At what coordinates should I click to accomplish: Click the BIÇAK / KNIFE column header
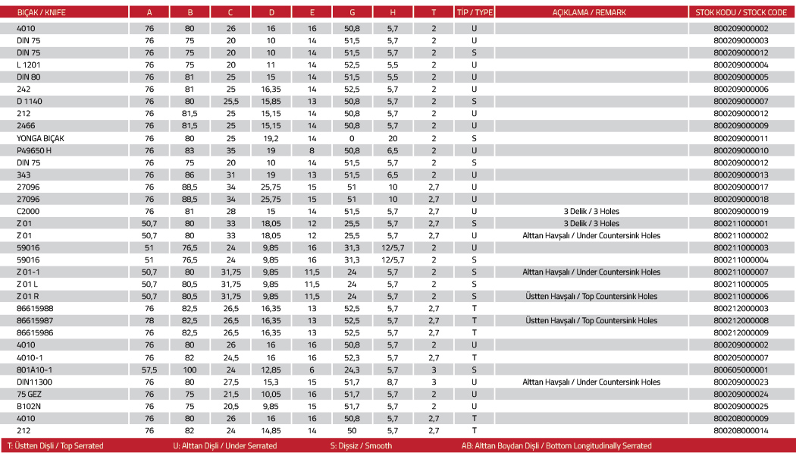[x=39, y=12]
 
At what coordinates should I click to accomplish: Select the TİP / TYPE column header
[x=474, y=12]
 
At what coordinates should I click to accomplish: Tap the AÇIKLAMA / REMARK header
[x=591, y=12]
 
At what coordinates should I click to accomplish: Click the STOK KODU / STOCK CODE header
[x=741, y=12]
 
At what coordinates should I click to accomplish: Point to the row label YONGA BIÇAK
[x=42, y=138]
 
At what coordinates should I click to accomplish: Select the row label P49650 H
[x=34, y=150]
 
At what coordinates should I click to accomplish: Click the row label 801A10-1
[x=35, y=370]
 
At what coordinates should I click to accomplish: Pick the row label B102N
[x=29, y=406]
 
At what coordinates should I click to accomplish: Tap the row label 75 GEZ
[x=29, y=394]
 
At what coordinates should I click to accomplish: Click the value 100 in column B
[x=190, y=370]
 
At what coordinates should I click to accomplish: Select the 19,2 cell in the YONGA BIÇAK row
[x=271, y=138]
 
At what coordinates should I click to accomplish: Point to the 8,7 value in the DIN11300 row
[x=392, y=382]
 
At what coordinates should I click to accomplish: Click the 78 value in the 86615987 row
[x=149, y=320]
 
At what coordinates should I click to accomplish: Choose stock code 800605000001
[x=741, y=370]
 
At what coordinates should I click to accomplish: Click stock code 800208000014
[x=741, y=430]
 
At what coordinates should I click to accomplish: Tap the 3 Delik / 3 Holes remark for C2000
[x=591, y=211]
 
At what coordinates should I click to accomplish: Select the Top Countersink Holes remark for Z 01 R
[x=591, y=296]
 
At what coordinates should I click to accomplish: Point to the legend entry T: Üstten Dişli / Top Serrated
[x=55, y=445]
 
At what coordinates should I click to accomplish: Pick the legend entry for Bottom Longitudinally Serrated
[x=556, y=445]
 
